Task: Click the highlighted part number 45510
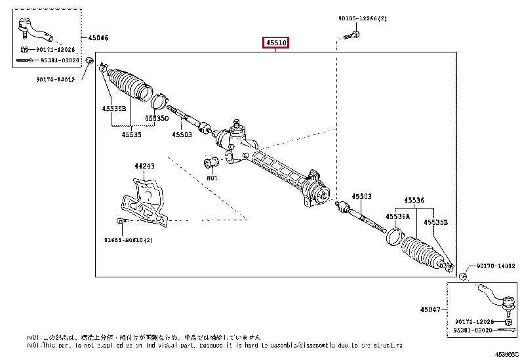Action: point(276,43)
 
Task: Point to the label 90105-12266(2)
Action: point(363,19)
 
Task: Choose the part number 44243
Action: point(145,167)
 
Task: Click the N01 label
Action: point(211,178)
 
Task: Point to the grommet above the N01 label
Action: point(211,163)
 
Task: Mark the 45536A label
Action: point(397,216)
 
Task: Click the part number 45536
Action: point(414,200)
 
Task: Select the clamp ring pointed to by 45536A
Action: point(393,236)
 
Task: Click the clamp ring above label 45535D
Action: point(158,101)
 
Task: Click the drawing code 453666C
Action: point(506,355)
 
